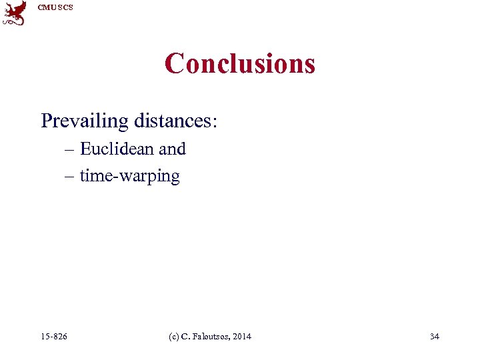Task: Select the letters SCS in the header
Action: tap(65, 7)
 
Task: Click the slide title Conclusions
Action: tap(240, 63)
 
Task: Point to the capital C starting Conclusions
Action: tap(175, 63)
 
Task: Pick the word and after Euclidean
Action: tap(172, 149)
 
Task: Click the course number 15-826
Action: tap(54, 336)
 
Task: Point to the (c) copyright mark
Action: tap(173, 336)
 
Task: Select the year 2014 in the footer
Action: tap(242, 336)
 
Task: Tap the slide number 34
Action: tap(435, 336)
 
